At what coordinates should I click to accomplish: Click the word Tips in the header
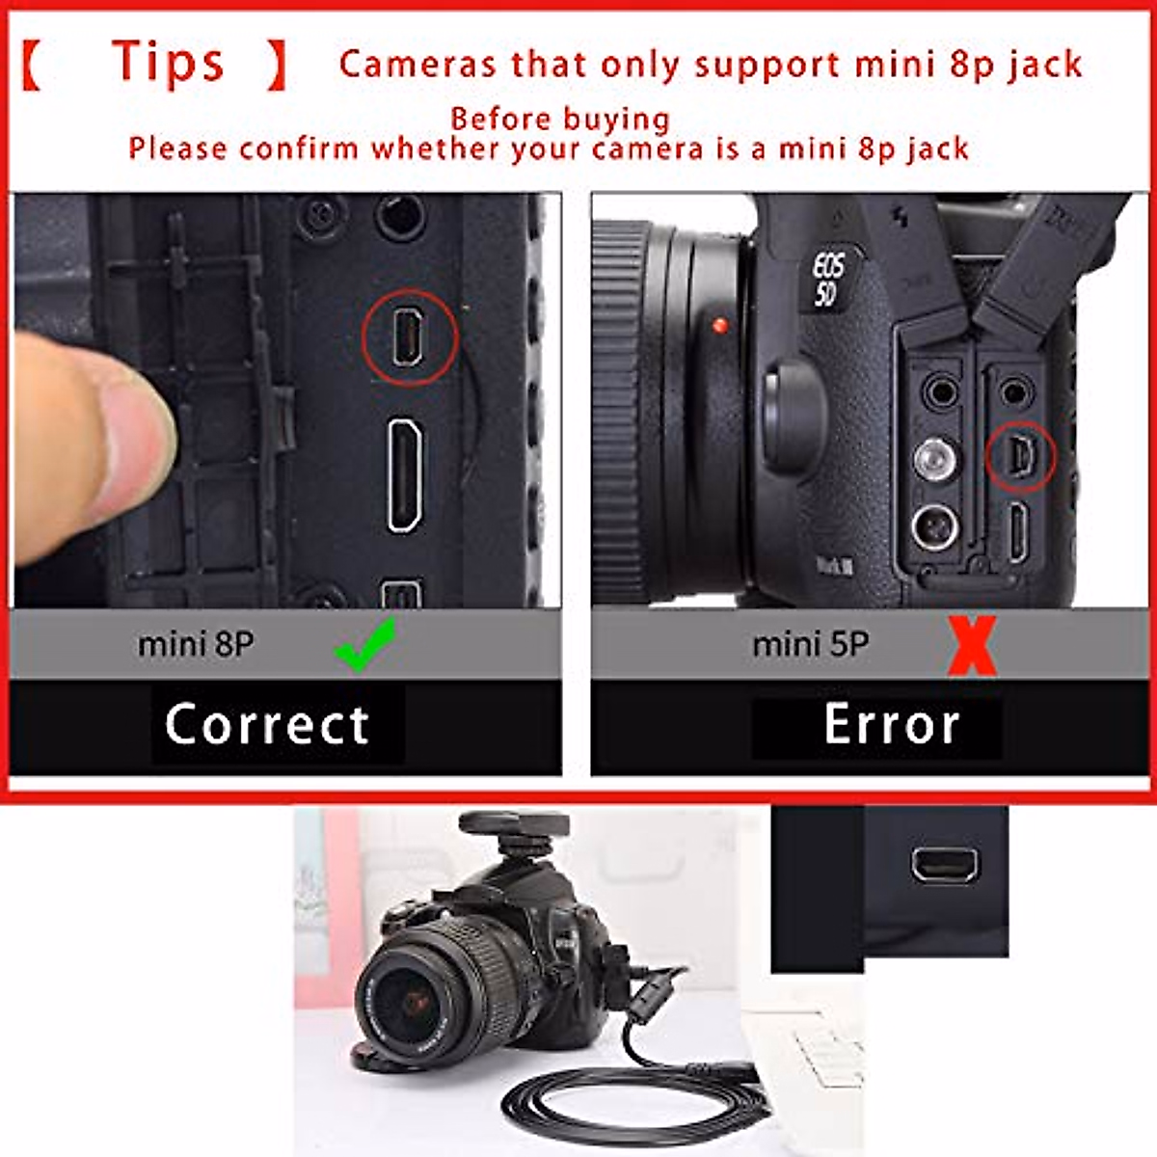(x=169, y=63)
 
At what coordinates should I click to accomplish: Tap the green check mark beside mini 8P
(x=364, y=644)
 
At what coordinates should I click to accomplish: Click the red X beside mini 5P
(x=971, y=647)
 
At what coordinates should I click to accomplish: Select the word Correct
(x=267, y=725)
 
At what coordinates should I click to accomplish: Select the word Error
(x=892, y=725)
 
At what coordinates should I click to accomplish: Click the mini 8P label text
(x=196, y=644)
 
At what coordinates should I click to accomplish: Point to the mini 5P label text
(x=810, y=644)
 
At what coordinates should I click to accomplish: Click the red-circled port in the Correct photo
(x=409, y=337)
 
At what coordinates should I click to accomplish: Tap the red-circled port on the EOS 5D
(x=1021, y=456)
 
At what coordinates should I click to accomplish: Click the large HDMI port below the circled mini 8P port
(x=405, y=475)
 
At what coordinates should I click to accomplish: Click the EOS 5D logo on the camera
(x=827, y=280)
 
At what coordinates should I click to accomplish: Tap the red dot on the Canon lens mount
(x=718, y=326)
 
